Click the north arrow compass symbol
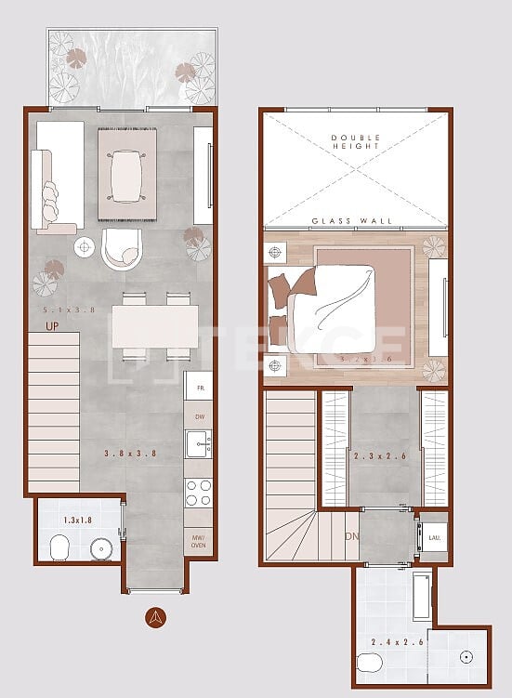pyautogui.click(x=157, y=616)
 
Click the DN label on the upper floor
pyautogui.click(x=351, y=536)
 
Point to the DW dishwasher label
pyautogui.click(x=199, y=416)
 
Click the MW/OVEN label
pyautogui.click(x=198, y=542)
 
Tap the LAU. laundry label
pyautogui.click(x=434, y=537)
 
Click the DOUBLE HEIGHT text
pyautogui.click(x=357, y=143)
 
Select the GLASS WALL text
pyautogui.click(x=352, y=221)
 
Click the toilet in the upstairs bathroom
pyautogui.click(x=369, y=663)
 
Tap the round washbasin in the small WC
pyautogui.click(x=101, y=549)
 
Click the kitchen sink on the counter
pyautogui.click(x=197, y=443)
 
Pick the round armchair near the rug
pyautogui.click(x=121, y=247)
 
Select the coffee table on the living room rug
pyautogui.click(x=125, y=176)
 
